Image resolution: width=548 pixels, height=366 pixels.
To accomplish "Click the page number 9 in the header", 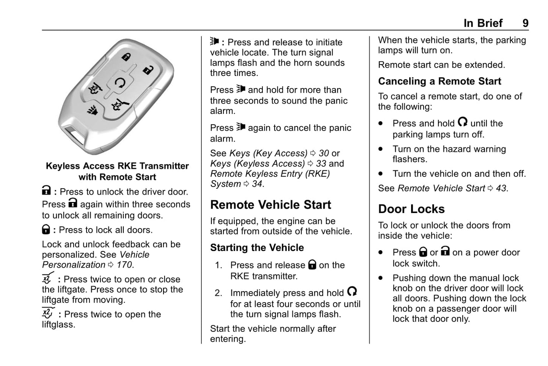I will coord(525,23).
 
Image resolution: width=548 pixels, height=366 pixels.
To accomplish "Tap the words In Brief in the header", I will coord(483,23).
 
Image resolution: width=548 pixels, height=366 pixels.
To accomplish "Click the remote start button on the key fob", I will coord(120,83).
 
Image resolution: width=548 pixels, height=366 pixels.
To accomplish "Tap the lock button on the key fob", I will coord(126,57).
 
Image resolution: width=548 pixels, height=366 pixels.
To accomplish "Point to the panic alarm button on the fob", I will coord(93,110).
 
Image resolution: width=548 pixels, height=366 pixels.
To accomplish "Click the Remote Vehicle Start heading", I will coord(270,205).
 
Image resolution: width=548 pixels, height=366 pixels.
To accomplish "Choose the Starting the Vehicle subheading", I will coord(257,248).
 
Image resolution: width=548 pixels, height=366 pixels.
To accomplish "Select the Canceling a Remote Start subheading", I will coord(440,81).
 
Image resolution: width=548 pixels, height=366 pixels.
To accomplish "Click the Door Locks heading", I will coord(411,209).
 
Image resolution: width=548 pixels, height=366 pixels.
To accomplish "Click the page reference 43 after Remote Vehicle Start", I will coord(501,188).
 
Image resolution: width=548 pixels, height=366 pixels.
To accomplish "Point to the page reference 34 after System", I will coord(257,184).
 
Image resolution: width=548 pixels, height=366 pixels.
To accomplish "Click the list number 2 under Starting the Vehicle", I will coord(218,293).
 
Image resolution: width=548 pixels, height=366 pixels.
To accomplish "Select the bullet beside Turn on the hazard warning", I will coord(381,149).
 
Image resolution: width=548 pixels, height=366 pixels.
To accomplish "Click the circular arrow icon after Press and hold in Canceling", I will coord(462,122).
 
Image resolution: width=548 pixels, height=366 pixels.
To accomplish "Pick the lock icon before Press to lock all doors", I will coord(46,229).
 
